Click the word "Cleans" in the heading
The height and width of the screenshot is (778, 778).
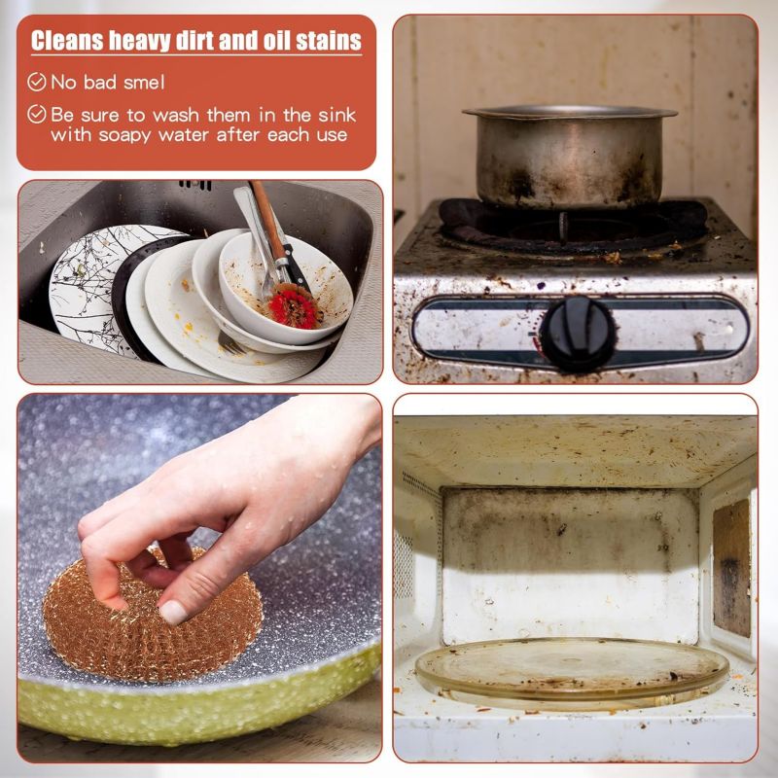tap(67, 41)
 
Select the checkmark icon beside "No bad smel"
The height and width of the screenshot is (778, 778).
tap(37, 82)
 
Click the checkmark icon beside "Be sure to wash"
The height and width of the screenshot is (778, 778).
tap(37, 114)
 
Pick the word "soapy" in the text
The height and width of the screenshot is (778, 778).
tap(124, 135)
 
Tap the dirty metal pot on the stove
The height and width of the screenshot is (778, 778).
tap(570, 157)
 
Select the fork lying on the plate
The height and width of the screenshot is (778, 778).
tap(231, 342)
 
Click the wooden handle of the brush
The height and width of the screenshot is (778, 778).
tap(268, 221)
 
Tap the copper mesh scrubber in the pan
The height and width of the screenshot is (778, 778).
tap(153, 615)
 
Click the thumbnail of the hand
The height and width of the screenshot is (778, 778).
tap(173, 613)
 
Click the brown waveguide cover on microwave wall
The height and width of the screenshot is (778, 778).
tap(731, 568)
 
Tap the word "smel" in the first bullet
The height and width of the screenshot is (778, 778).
tap(144, 83)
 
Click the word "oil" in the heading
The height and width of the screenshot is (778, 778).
tap(277, 41)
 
